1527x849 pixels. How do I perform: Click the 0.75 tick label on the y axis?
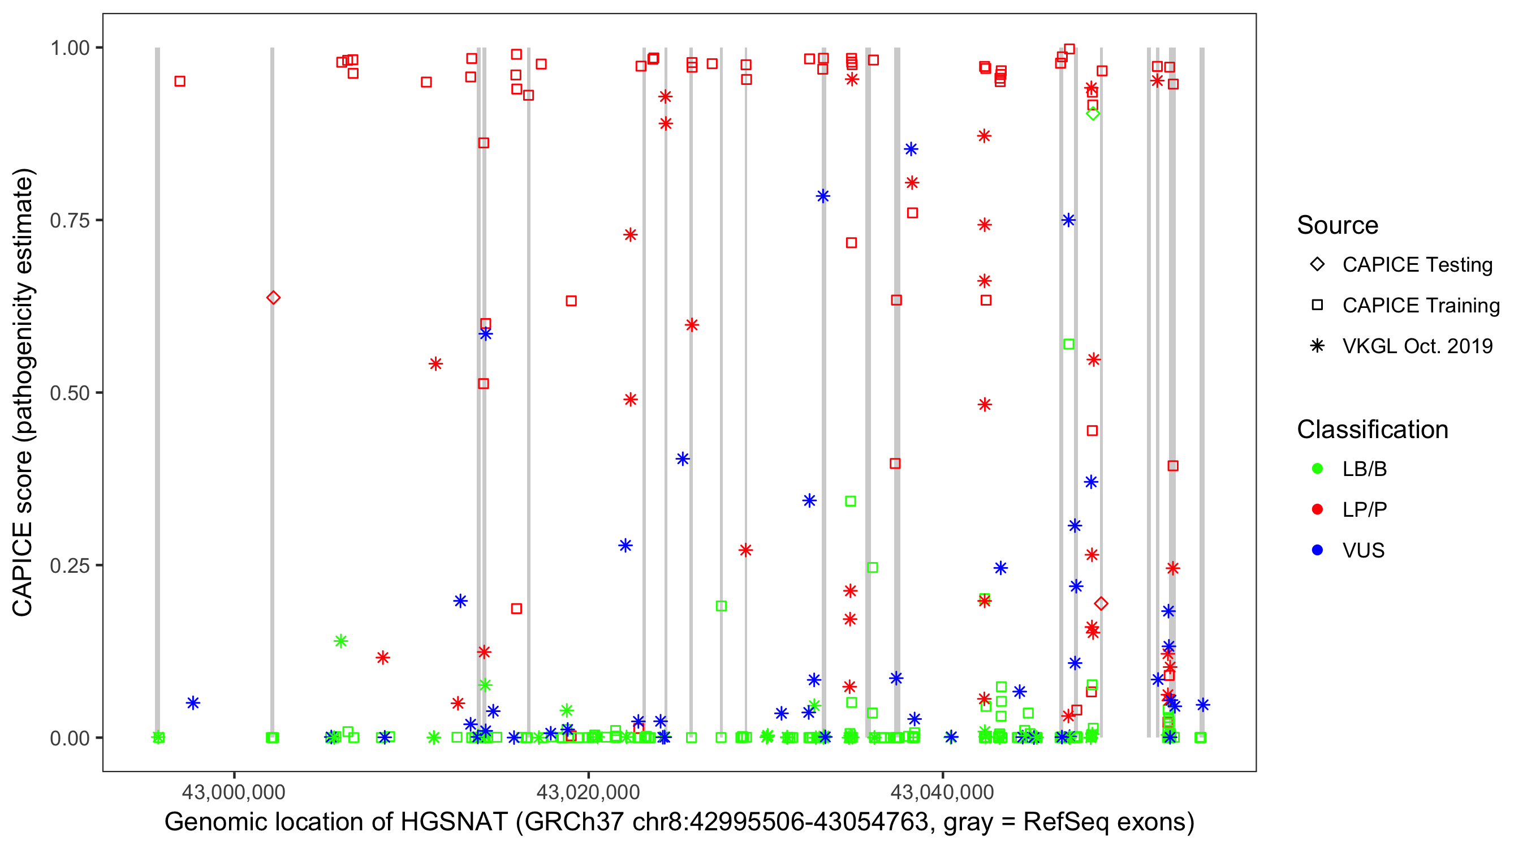(x=69, y=221)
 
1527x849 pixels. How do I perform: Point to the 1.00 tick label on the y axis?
(x=69, y=48)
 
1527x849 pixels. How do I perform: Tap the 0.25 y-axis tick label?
(x=69, y=565)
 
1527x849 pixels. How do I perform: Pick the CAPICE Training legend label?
(x=1421, y=306)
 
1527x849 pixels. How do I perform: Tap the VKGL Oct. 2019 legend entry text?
(x=1417, y=346)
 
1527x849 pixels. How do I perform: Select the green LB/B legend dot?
(x=1317, y=469)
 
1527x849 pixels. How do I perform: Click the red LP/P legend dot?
(x=1317, y=509)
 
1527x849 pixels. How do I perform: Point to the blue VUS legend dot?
(x=1317, y=550)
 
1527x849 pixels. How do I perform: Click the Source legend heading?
(x=1338, y=225)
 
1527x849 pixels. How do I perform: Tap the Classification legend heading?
(x=1372, y=430)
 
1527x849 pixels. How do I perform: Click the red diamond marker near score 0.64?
(x=273, y=297)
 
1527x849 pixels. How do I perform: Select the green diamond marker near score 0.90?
(x=1093, y=114)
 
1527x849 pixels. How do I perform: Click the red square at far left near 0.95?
(x=180, y=82)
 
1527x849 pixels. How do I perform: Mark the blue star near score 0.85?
(x=911, y=149)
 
